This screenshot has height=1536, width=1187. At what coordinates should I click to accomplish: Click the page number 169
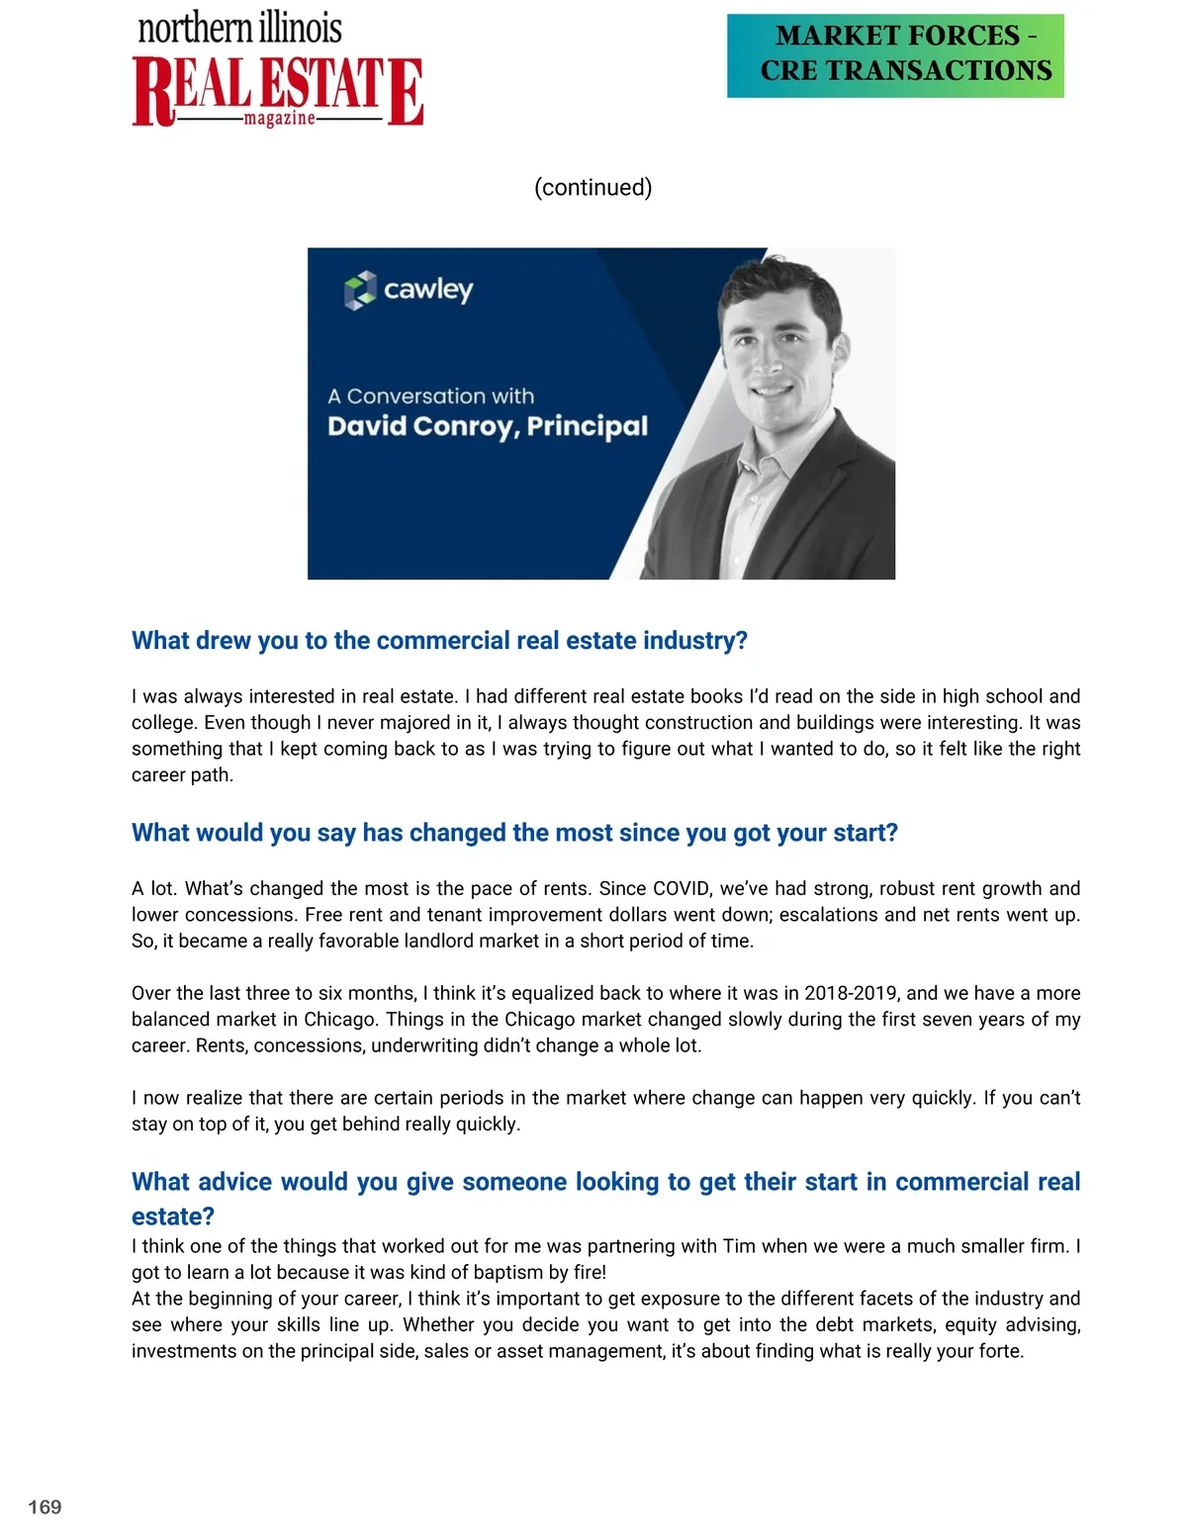[x=45, y=1506]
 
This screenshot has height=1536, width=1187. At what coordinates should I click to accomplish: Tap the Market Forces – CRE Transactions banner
[x=895, y=55]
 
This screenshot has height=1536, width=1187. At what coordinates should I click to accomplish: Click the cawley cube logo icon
[x=360, y=290]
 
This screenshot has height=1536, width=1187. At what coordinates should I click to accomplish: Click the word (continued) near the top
[x=593, y=187]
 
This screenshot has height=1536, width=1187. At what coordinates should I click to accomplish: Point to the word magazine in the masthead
[x=280, y=119]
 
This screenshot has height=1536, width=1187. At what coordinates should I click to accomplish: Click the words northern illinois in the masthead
[x=240, y=28]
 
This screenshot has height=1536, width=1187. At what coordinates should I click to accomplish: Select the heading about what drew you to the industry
[x=439, y=641]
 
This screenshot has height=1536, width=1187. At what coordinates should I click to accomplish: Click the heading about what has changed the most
[x=514, y=833]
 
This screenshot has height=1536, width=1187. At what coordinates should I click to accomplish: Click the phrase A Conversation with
[x=431, y=396]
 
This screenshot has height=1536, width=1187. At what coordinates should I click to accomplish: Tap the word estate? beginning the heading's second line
[x=173, y=1217]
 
